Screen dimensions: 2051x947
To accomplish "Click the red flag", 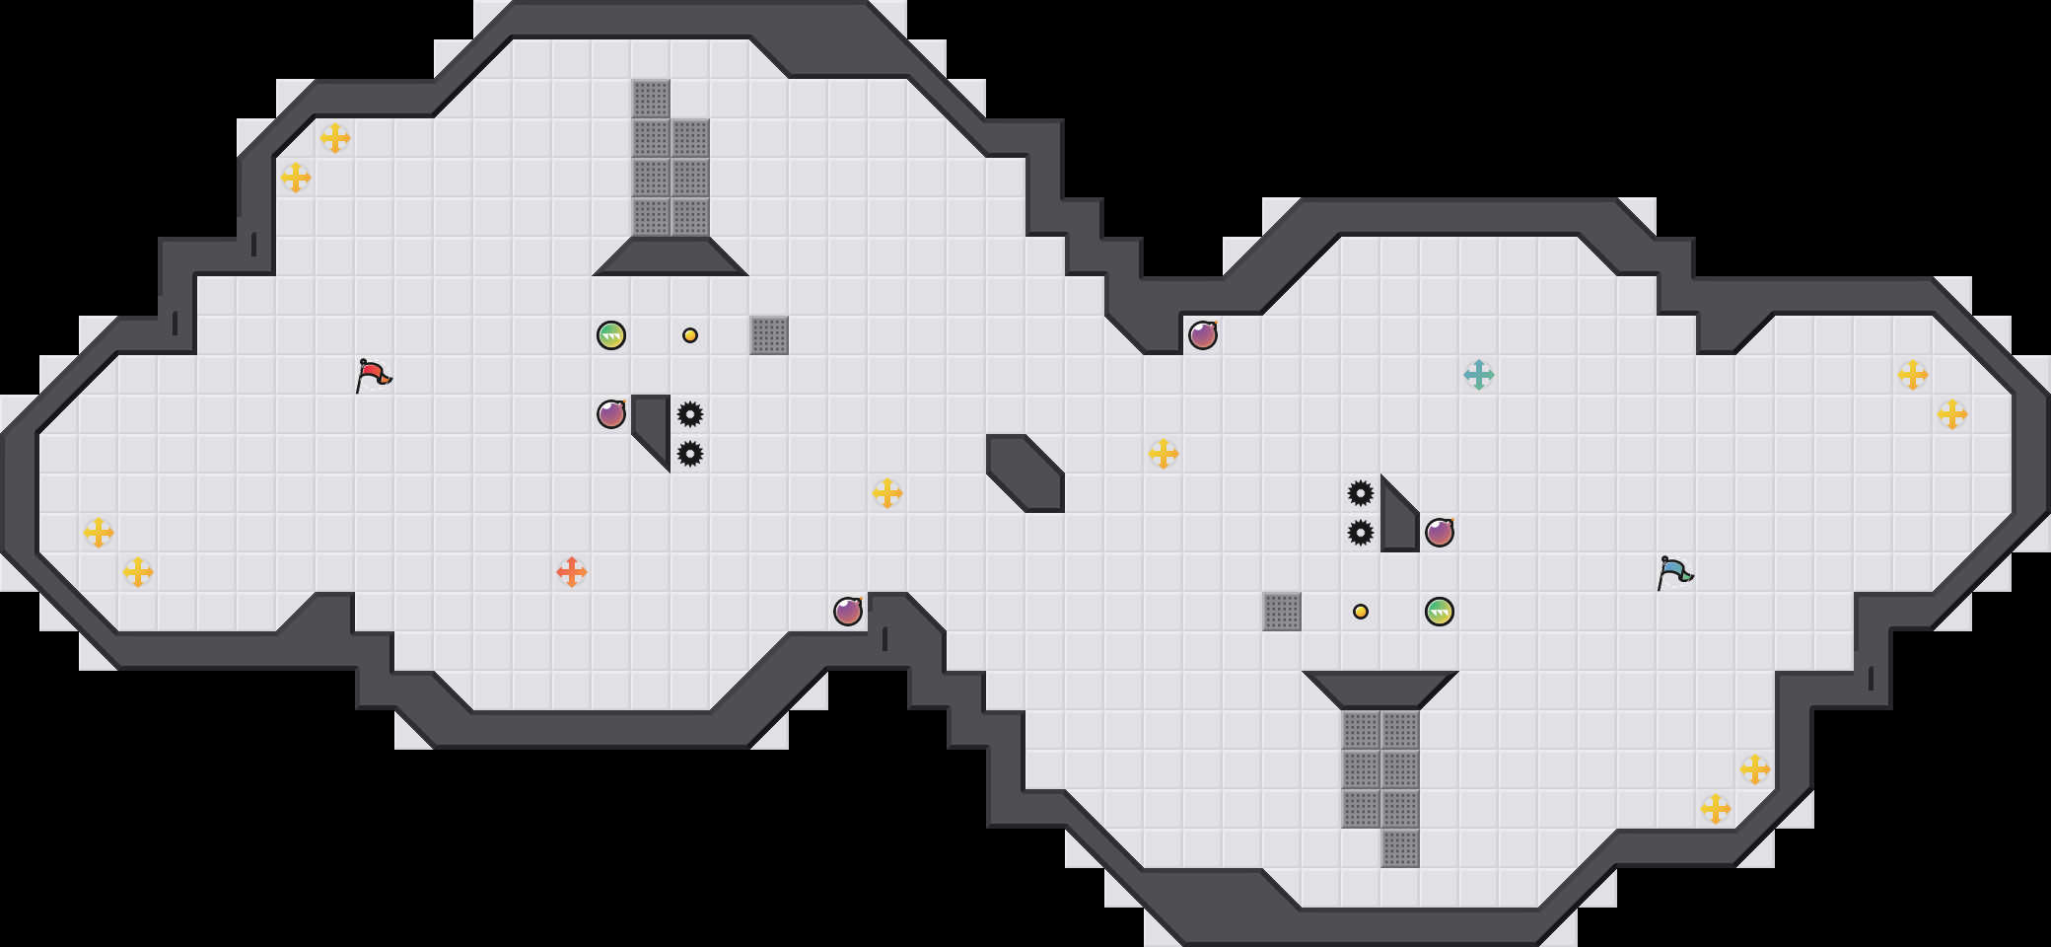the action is click(373, 375).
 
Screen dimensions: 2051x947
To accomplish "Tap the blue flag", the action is click(1674, 572).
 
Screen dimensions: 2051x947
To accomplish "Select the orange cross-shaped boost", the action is click(572, 572).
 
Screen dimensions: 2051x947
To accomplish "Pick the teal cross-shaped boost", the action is click(1479, 375).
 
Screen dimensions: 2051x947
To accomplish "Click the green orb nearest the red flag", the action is click(611, 335).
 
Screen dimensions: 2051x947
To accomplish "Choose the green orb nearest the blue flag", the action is click(1440, 612).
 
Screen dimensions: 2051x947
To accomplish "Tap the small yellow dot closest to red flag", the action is click(690, 335).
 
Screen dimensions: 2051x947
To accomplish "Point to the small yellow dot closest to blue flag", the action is click(1361, 612).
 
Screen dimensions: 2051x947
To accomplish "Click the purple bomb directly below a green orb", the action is click(611, 414).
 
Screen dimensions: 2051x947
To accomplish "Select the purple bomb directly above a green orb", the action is click(1440, 533).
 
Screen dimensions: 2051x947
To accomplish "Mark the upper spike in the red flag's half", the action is click(690, 414).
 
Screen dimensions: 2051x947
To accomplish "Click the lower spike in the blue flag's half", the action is click(1361, 533).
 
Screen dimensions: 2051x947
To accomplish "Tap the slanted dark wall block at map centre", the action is click(1025, 473).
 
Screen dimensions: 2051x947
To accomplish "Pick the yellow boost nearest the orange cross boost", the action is click(887, 493).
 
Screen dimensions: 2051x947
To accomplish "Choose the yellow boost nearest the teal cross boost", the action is click(1164, 454).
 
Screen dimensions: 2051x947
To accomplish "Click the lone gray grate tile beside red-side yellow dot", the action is click(769, 335).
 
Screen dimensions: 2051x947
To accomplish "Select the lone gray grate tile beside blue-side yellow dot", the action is click(1282, 612).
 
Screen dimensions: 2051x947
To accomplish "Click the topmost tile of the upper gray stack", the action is click(651, 99).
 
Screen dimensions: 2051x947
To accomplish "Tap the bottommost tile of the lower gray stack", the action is click(1400, 848).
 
